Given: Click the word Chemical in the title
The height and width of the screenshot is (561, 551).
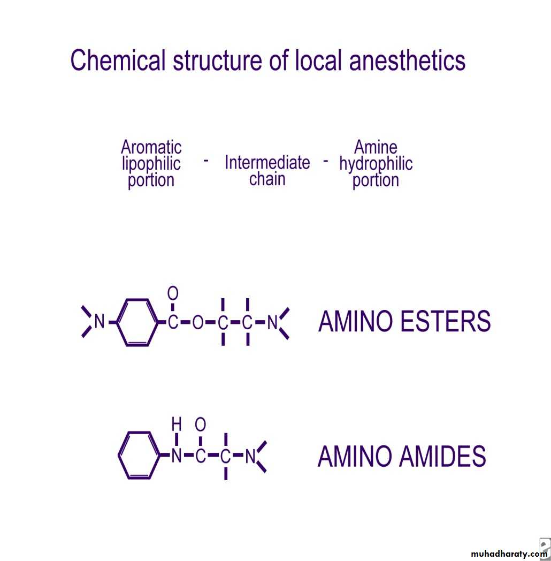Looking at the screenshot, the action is (118, 60).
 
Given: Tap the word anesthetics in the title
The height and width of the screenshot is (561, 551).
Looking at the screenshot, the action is (407, 60).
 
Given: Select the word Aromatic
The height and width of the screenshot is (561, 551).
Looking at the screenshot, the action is (151, 147).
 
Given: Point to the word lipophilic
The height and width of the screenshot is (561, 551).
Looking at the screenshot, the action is (151, 164).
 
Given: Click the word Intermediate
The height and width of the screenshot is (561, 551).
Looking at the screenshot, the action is (267, 162).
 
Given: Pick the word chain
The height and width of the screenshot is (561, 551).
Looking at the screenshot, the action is (267, 179).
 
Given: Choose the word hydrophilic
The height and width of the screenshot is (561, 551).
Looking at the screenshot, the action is (376, 164).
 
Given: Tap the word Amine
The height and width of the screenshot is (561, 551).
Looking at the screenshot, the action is (376, 147).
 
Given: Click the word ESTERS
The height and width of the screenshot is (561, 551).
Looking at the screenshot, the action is (445, 321).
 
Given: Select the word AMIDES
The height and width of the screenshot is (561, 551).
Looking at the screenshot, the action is (442, 456).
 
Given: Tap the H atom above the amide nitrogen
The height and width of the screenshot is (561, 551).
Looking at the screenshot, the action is (177, 424).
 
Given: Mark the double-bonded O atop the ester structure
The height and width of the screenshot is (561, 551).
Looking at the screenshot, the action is (173, 293).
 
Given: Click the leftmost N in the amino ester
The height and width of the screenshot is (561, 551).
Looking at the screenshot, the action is (99, 322).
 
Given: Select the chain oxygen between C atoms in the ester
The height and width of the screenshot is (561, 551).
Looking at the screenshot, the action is (198, 322).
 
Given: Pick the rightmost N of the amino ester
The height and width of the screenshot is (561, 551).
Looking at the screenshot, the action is (272, 322).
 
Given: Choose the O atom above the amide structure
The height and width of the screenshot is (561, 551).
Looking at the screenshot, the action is (200, 424).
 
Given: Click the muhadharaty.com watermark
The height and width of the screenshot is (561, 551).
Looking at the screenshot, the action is (509, 554).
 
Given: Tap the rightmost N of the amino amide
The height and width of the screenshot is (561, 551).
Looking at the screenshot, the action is (250, 456).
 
